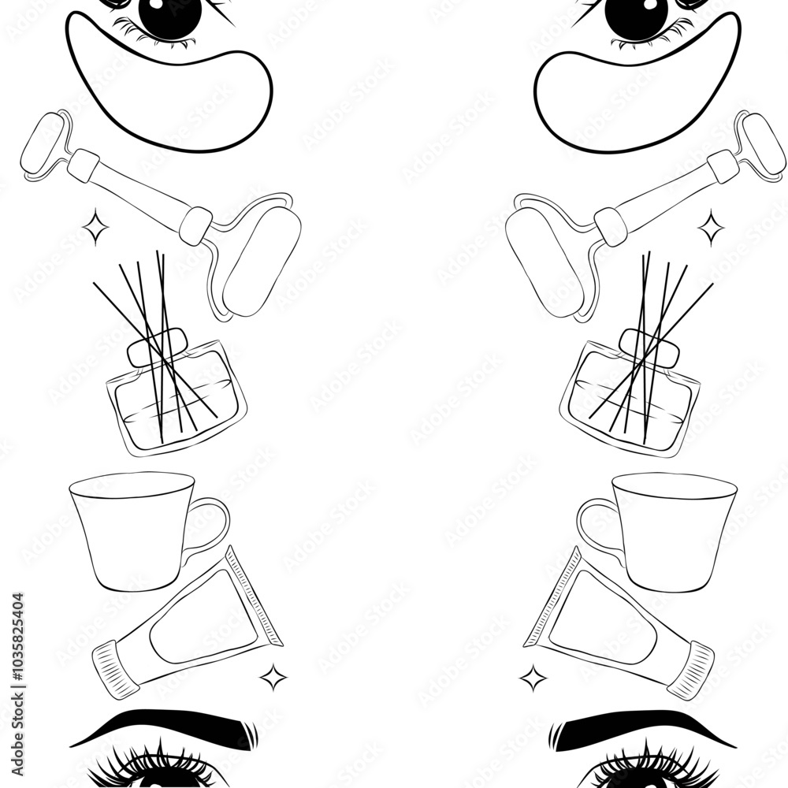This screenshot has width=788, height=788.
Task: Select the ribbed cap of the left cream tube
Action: coord(116,670)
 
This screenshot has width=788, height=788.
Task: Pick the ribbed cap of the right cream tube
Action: coord(689,670)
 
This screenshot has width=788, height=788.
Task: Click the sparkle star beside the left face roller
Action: coord(96,228)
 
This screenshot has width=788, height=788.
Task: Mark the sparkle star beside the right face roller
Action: coord(711,228)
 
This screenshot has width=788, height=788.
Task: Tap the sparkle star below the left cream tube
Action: coord(273,676)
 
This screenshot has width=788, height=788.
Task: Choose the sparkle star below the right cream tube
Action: coord(533,677)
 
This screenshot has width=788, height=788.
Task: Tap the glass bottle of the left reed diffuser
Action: coord(177,402)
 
